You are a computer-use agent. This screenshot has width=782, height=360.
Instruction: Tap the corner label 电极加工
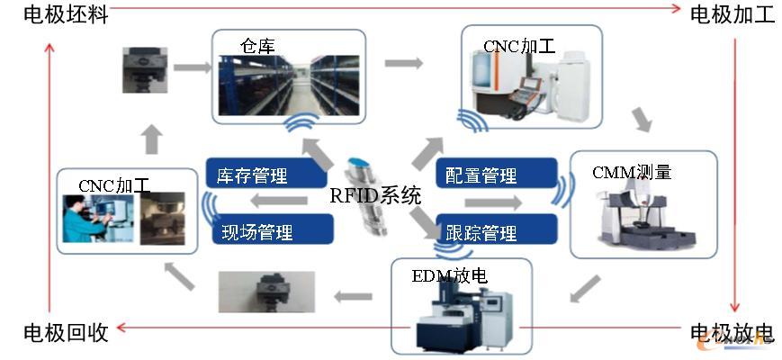731,15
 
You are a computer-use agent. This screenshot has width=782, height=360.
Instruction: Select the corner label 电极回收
66,332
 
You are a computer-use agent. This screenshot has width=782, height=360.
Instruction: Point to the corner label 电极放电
731,332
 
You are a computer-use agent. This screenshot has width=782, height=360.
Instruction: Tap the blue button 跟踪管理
481,233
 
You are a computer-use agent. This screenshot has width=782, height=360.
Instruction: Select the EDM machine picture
458,315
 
